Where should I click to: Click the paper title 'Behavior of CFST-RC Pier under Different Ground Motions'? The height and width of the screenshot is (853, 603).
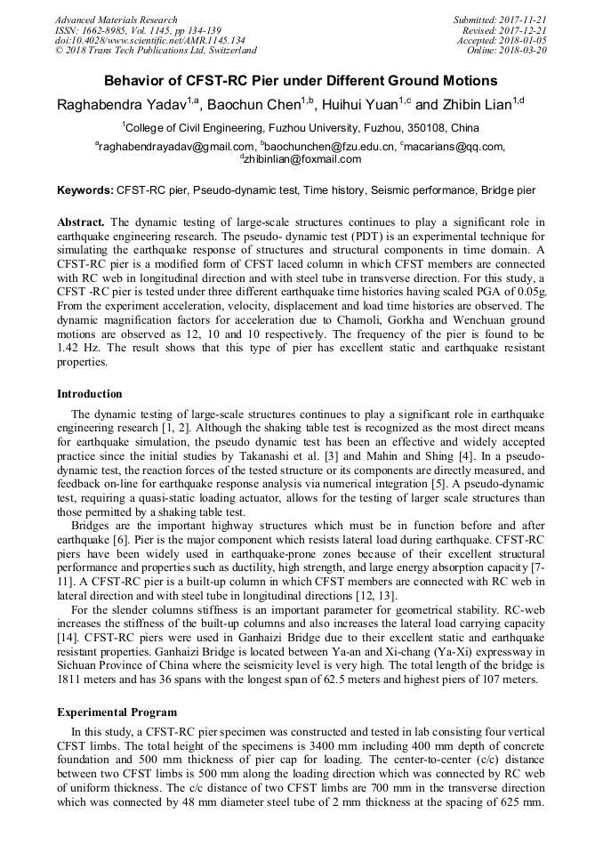point(301,80)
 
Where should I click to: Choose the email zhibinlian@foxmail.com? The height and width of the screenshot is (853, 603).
point(302,159)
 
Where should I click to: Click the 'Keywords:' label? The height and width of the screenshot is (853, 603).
point(85,190)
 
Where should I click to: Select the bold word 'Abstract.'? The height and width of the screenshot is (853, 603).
point(81,221)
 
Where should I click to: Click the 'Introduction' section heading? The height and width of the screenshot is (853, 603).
point(90,394)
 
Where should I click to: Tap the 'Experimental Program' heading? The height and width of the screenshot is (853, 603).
point(117,712)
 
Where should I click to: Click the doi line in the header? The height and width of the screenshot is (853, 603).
point(149,41)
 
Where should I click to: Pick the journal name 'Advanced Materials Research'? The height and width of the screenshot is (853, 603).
point(116,20)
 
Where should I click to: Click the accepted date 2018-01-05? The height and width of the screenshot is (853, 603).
point(522,41)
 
